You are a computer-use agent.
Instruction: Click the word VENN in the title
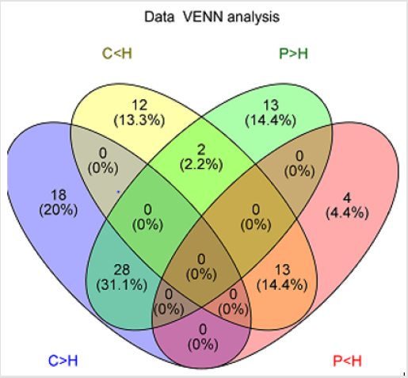(204, 17)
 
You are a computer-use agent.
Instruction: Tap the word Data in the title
(159, 17)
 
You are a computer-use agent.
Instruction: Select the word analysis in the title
(254, 17)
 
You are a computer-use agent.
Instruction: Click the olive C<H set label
(117, 53)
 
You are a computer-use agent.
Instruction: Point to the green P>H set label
(293, 53)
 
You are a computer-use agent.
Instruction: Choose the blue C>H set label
(63, 361)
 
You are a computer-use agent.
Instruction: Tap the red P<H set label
(347, 361)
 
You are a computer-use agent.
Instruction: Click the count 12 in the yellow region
(139, 105)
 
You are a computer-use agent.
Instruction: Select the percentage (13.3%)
(139, 120)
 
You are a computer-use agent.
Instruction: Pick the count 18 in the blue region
(59, 195)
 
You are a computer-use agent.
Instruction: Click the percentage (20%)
(59, 211)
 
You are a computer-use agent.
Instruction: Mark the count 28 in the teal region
(122, 270)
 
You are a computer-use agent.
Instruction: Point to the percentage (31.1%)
(122, 285)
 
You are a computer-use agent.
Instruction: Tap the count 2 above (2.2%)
(201, 150)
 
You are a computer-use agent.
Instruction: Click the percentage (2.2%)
(201, 165)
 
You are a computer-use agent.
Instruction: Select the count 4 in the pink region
(347, 198)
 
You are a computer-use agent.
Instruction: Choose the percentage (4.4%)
(347, 213)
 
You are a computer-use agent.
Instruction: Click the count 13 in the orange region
(282, 270)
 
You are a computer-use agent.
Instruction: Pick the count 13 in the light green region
(271, 105)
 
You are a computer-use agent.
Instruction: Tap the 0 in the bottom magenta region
(203, 330)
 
